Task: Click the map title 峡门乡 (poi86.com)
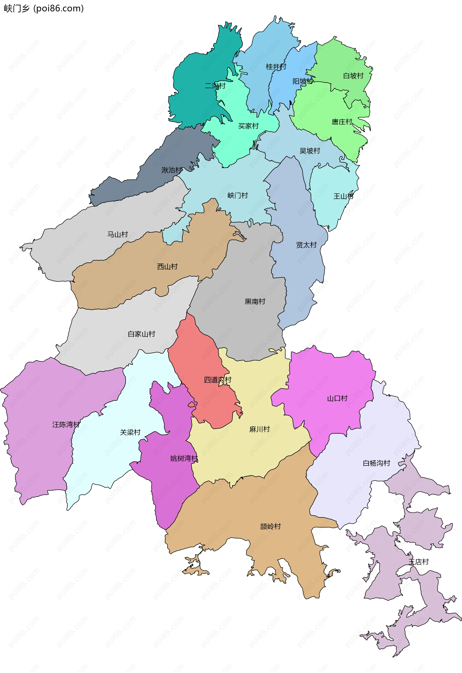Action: pyautogui.click(x=44, y=8)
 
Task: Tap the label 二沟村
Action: pyautogui.click(x=215, y=86)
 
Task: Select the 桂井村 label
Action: pyautogui.click(x=276, y=67)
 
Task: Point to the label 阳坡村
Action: pyautogui.click(x=302, y=81)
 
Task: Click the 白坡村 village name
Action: pyautogui.click(x=353, y=76)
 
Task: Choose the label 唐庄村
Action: pyautogui.click(x=342, y=122)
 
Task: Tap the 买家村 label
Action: pyautogui.click(x=248, y=126)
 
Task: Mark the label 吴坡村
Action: pyautogui.click(x=309, y=151)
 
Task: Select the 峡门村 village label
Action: pyautogui.click(x=237, y=196)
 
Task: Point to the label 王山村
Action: pyautogui.click(x=343, y=196)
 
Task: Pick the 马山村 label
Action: pyautogui.click(x=117, y=234)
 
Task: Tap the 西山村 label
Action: pyautogui.click(x=167, y=267)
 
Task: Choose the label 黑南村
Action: pyautogui.click(x=255, y=302)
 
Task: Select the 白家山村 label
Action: pyautogui.click(x=141, y=334)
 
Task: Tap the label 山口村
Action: pyautogui.click(x=337, y=398)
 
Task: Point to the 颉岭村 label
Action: pyautogui.click(x=270, y=526)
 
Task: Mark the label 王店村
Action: pyautogui.click(x=418, y=562)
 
